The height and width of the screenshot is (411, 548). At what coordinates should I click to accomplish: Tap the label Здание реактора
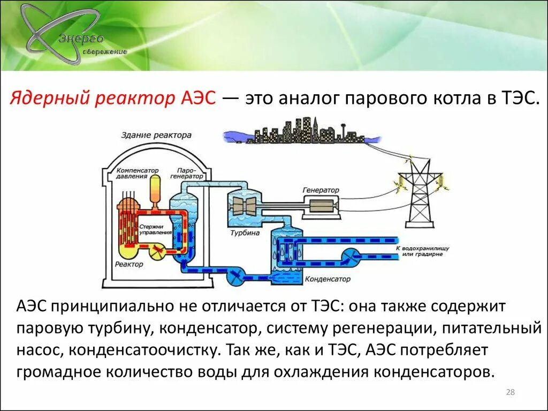point(156,135)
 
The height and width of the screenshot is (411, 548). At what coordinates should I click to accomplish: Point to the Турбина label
point(245,233)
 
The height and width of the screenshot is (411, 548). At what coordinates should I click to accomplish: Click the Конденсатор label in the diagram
point(328,279)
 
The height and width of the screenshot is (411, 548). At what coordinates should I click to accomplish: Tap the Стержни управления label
point(155,230)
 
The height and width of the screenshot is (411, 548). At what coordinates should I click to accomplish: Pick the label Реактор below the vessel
point(129,264)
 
